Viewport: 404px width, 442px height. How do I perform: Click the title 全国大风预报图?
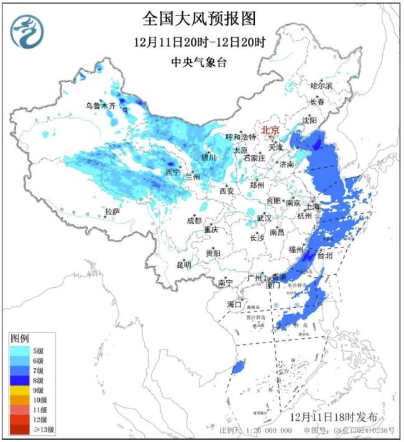[x=199, y=19]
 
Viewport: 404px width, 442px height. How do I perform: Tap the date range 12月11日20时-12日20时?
[x=199, y=43]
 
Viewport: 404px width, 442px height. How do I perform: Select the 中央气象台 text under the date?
[x=199, y=62]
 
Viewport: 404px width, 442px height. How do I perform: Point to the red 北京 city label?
[x=270, y=131]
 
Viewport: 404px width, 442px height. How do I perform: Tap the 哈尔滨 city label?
[x=321, y=85]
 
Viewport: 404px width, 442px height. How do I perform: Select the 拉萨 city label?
[x=112, y=213]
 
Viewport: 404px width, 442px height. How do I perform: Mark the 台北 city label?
[x=325, y=255]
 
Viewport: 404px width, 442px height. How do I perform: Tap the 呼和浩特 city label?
[x=241, y=137]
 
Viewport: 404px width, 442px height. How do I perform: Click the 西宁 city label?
[x=172, y=172]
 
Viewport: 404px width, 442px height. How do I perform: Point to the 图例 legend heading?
[x=19, y=338]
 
